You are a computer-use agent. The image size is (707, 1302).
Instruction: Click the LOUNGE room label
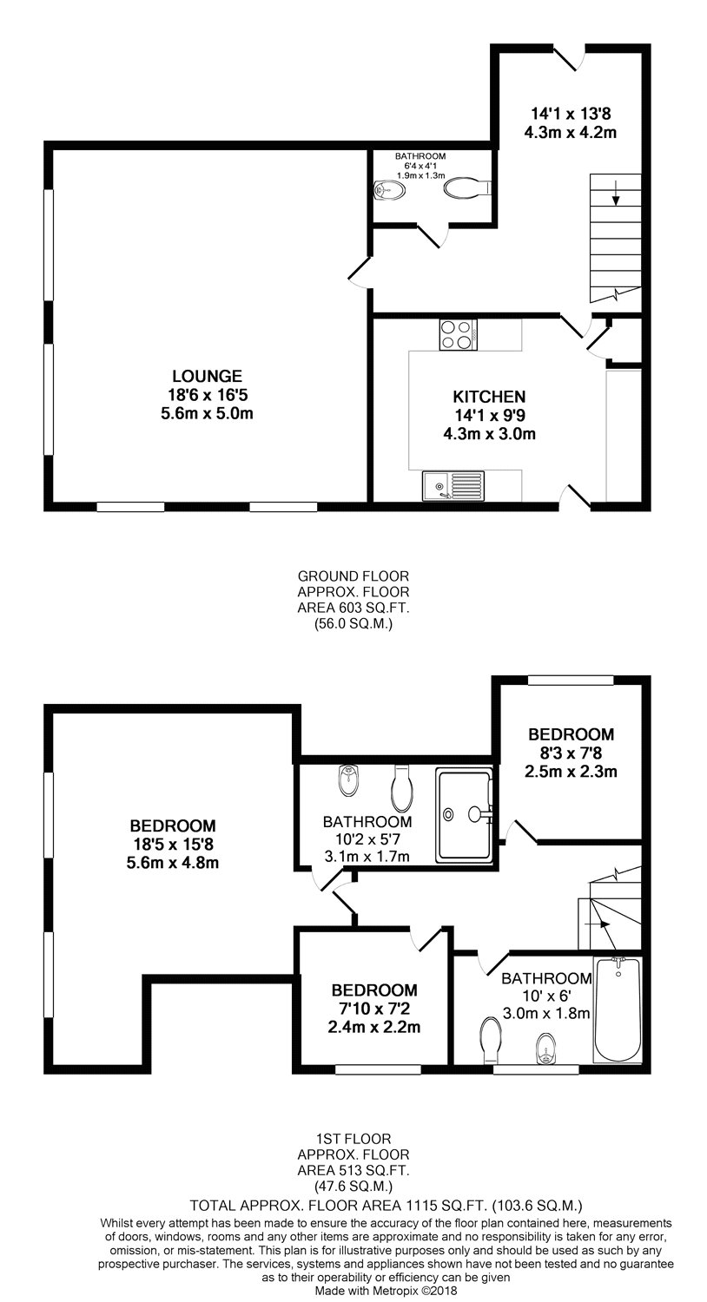tap(207, 376)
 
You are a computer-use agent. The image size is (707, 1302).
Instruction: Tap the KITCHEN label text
tap(489, 397)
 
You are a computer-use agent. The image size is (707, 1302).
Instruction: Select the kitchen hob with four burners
tap(458, 334)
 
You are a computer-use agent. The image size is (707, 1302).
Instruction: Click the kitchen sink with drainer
tap(453, 485)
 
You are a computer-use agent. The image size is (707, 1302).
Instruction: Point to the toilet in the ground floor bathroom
tap(468, 187)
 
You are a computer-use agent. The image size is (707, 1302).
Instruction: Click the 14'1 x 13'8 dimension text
tap(571, 113)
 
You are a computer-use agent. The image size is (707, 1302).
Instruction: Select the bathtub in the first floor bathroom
tap(618, 1009)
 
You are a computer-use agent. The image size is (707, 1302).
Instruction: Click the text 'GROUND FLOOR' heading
tap(353, 576)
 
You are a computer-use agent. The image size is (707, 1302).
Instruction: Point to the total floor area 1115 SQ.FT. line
tap(386, 1205)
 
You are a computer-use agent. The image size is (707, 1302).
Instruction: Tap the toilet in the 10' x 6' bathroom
tap(492, 1041)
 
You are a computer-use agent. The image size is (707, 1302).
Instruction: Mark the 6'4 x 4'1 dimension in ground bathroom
tap(420, 166)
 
